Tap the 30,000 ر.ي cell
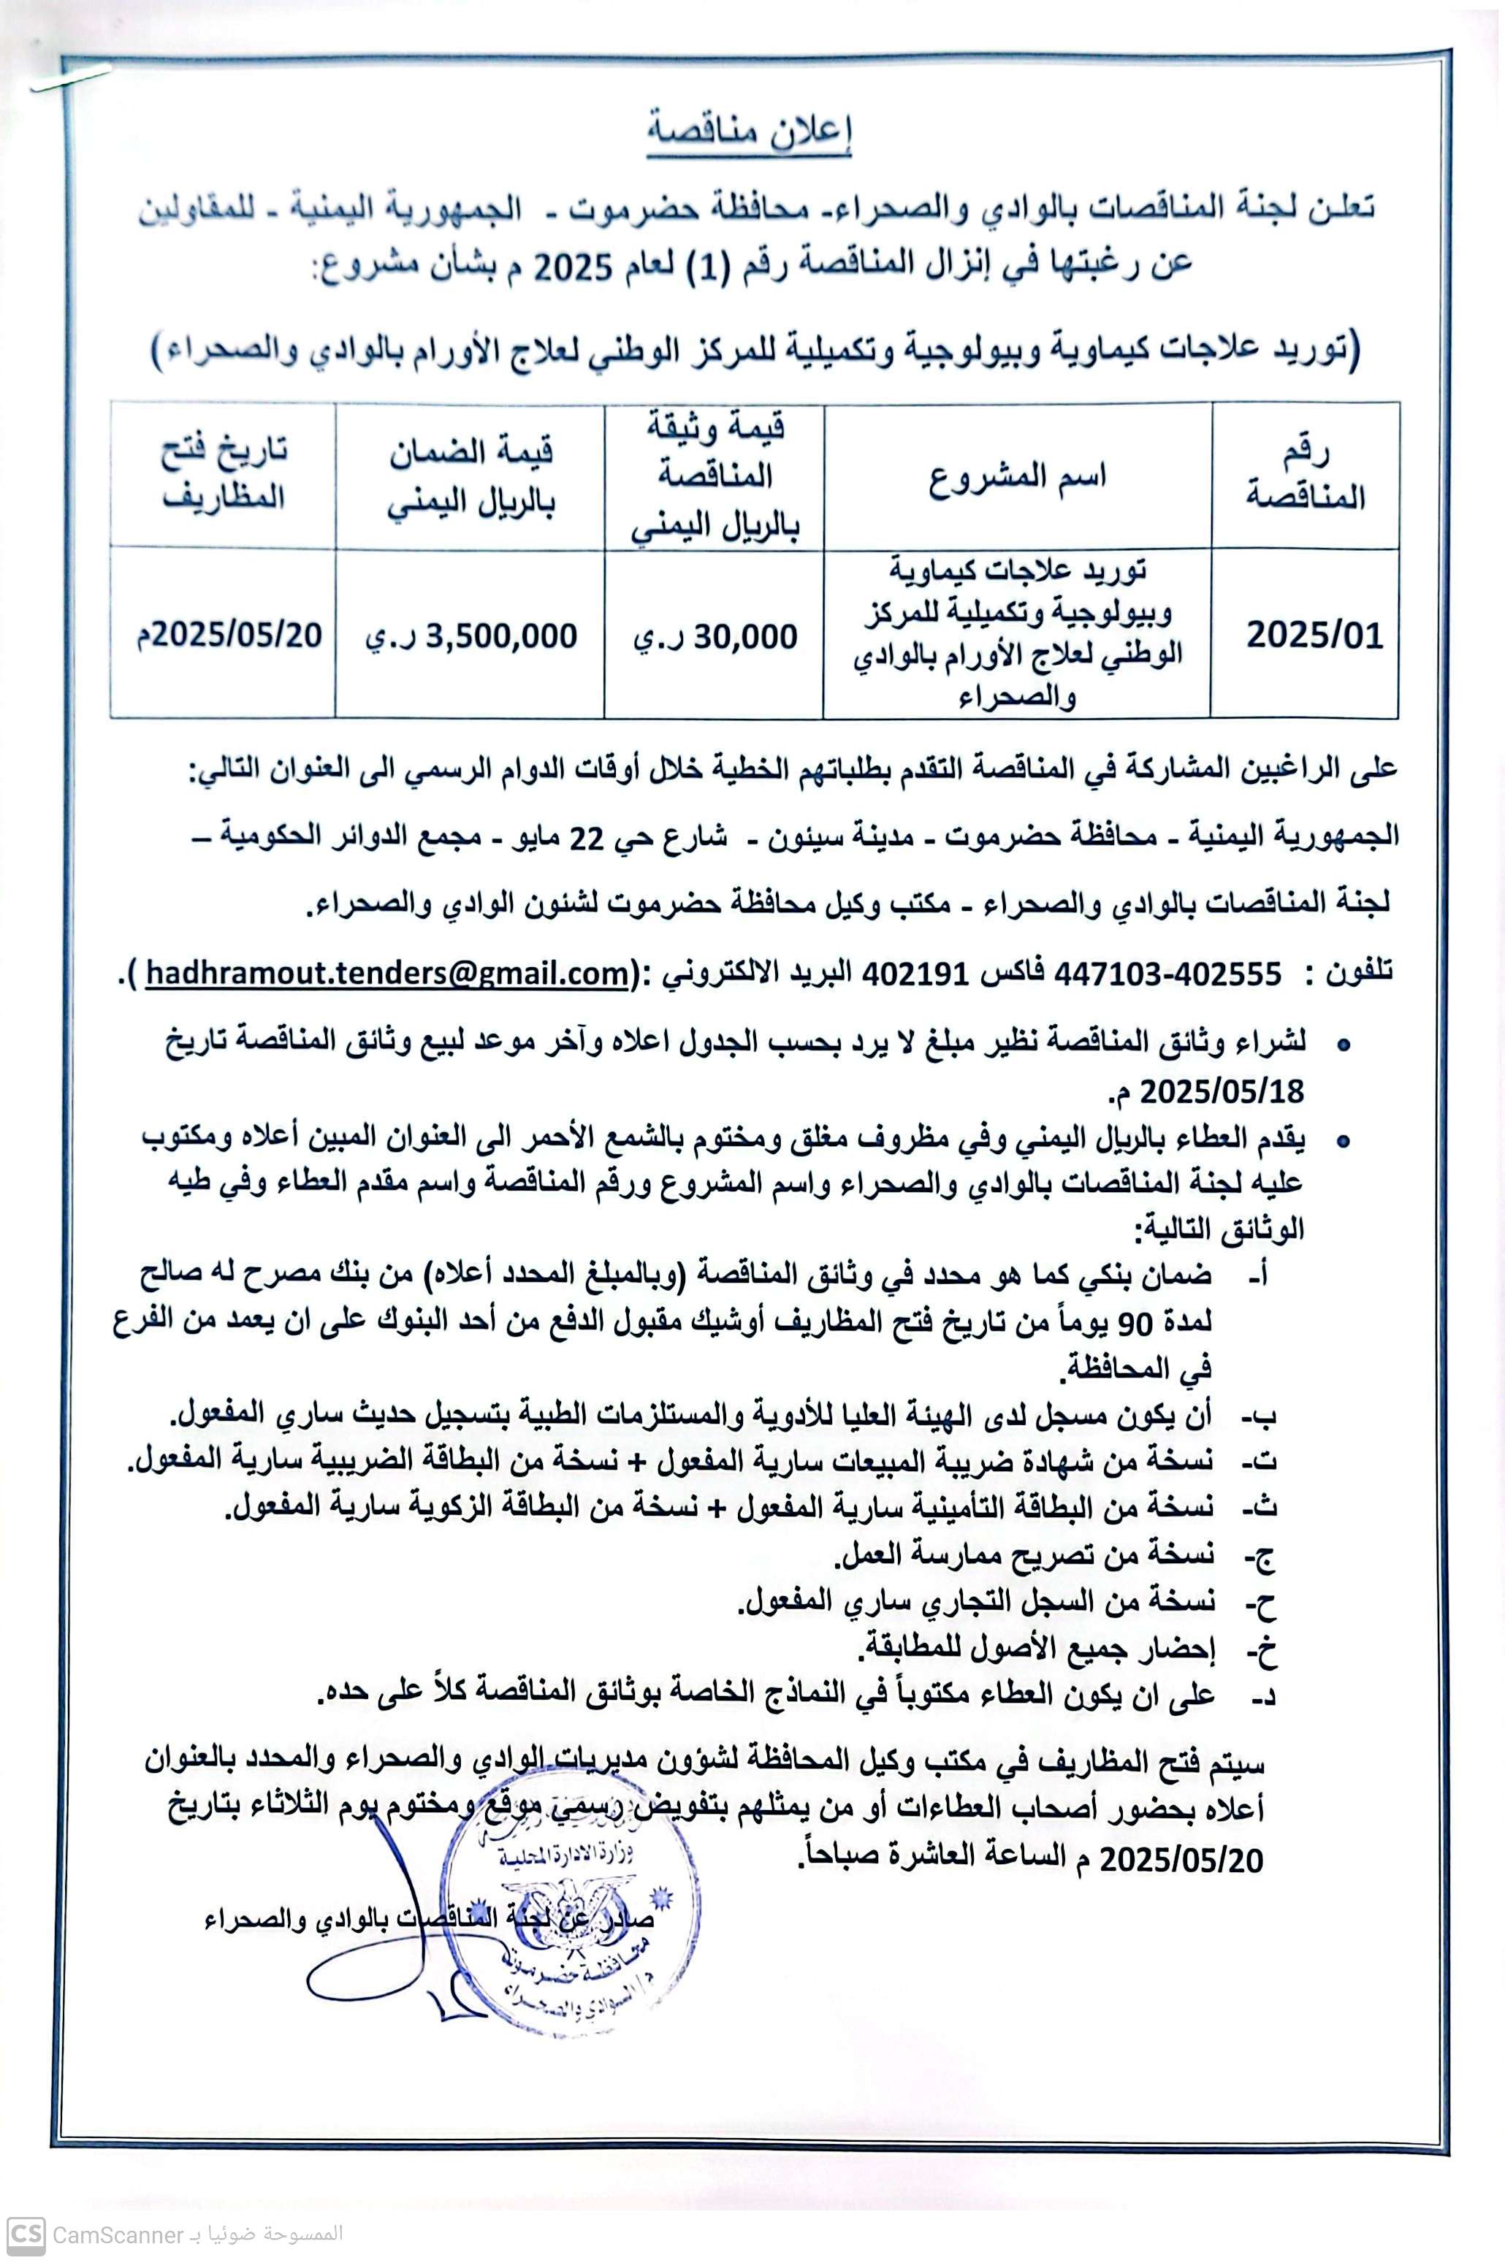(715, 637)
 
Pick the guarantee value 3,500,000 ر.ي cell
(470, 637)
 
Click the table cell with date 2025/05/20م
(226, 636)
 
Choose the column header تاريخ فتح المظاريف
(224, 474)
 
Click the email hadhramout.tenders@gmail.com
(389, 975)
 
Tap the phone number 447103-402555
(1168, 975)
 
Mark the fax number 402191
(918, 975)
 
